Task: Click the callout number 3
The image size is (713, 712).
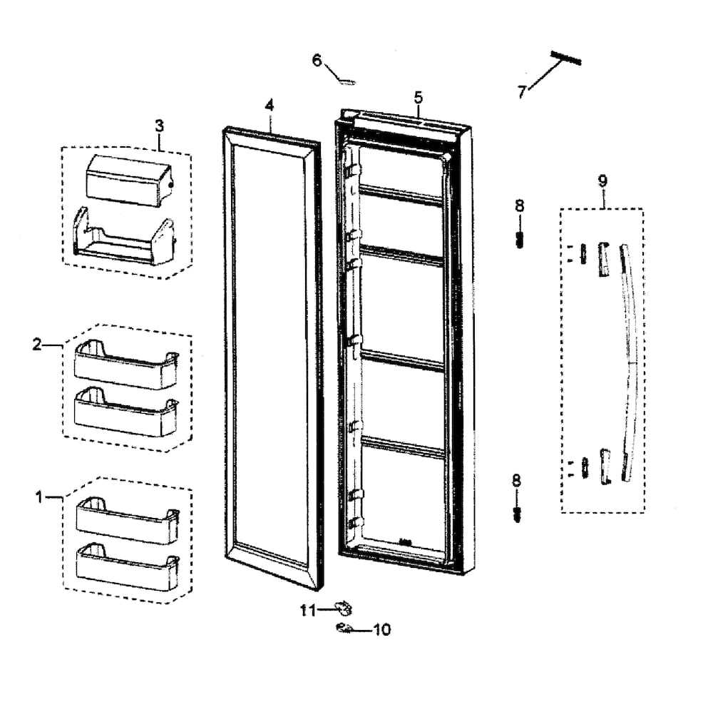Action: point(159,125)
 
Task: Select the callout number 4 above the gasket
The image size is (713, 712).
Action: point(270,105)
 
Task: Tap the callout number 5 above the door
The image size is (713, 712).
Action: point(418,97)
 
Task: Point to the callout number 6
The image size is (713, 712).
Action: point(317,60)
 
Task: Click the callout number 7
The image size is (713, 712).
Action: point(522,92)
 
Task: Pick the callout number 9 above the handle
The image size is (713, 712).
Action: point(602,180)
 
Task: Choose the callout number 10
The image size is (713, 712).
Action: point(382,630)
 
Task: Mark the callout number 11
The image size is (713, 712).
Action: point(307,609)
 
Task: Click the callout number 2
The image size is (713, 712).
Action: point(37,345)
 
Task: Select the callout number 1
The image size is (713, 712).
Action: point(40,496)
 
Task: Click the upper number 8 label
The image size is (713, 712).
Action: point(519,205)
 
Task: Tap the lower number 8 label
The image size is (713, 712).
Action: point(516,480)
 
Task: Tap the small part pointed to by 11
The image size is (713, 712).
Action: point(344,608)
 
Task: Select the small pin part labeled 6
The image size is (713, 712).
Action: point(347,81)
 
